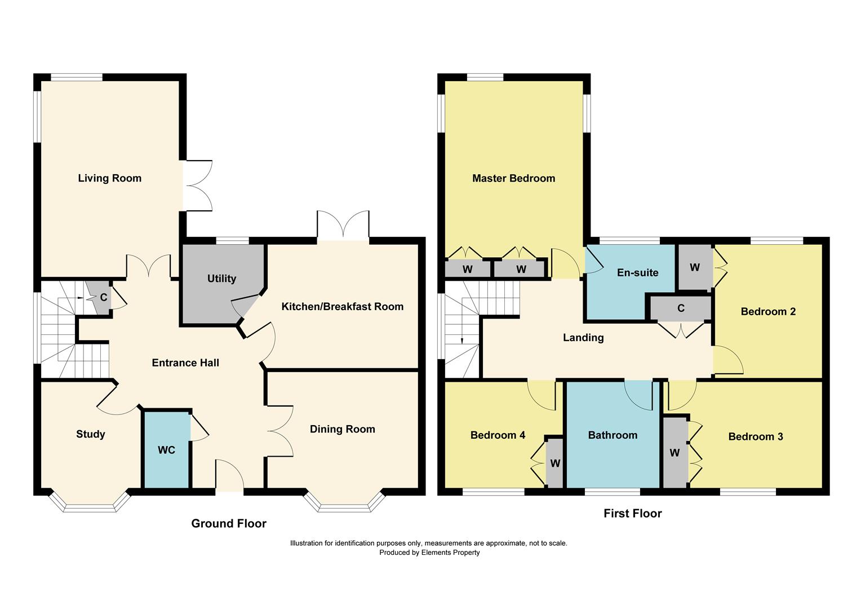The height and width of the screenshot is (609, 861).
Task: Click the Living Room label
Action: pos(109,178)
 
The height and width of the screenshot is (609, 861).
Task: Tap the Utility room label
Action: pos(221,279)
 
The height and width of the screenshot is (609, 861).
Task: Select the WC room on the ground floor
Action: pos(166,450)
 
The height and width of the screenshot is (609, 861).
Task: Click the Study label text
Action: pos(91,434)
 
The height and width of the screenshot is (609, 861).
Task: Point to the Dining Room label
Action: pos(342,429)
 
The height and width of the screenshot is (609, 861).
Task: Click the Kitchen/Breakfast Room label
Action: pos(342,307)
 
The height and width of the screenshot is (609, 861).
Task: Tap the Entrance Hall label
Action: pos(185,363)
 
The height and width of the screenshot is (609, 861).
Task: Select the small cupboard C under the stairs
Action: pos(104,297)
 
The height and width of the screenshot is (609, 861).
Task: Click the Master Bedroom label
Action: pos(513,178)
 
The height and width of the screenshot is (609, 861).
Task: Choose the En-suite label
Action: pos(637,273)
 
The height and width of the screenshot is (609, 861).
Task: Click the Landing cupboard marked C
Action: pos(681,308)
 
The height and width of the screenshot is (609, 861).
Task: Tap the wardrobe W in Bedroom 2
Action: pos(694,267)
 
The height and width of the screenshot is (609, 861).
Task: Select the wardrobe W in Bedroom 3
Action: pos(674,453)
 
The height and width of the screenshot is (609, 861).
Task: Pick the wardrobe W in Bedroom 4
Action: pos(555,464)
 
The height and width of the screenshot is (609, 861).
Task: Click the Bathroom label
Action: pos(613,435)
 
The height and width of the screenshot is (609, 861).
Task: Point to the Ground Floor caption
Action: pos(229,523)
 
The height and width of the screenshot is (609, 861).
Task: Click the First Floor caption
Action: pos(632,513)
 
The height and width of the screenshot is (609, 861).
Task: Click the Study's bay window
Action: pos(90,506)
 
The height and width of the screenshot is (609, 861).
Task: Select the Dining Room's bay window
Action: pos(344,506)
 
